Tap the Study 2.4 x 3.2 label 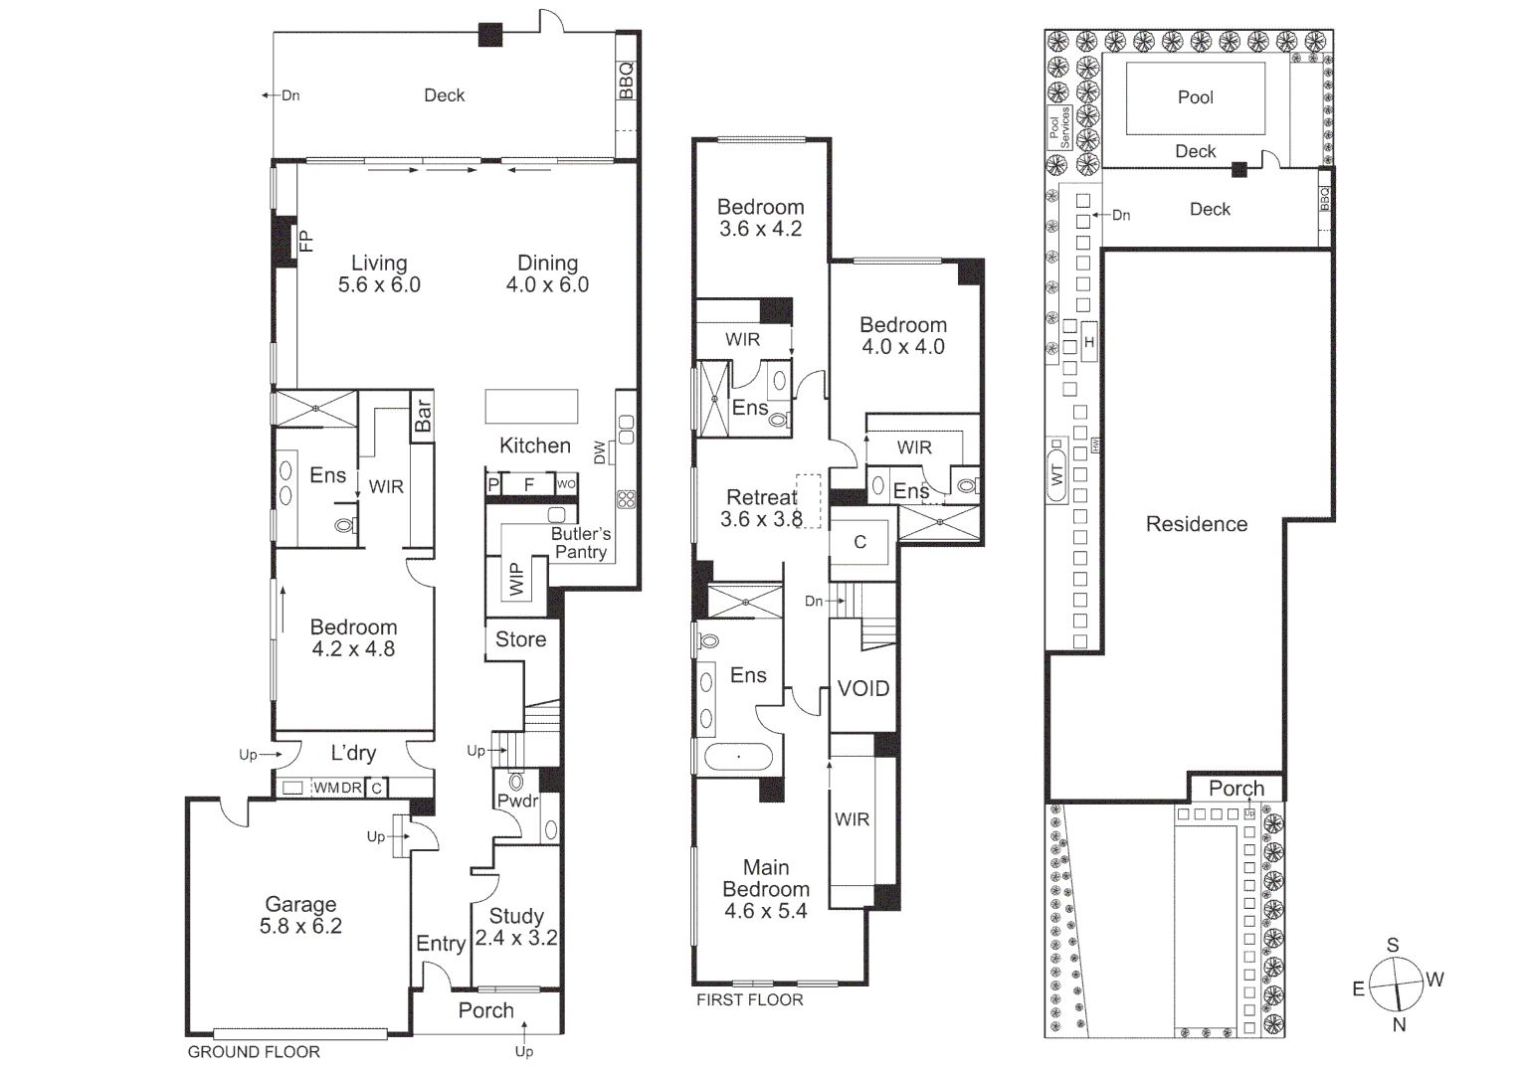click(x=516, y=927)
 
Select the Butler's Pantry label click(x=581, y=543)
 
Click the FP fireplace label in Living click(x=306, y=241)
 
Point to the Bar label click(x=423, y=416)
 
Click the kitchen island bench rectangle click(x=531, y=407)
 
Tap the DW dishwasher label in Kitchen click(x=600, y=452)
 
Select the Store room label click(x=520, y=639)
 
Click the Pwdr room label click(x=517, y=801)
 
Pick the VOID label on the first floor click(x=862, y=688)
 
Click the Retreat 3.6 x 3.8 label click(x=761, y=507)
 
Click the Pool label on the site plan click(x=1195, y=97)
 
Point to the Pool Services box click(x=1058, y=128)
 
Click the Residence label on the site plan click(x=1196, y=524)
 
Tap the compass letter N click(x=1399, y=1024)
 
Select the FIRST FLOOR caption click(x=749, y=999)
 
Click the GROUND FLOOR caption click(x=254, y=1051)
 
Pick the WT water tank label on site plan click(x=1056, y=473)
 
